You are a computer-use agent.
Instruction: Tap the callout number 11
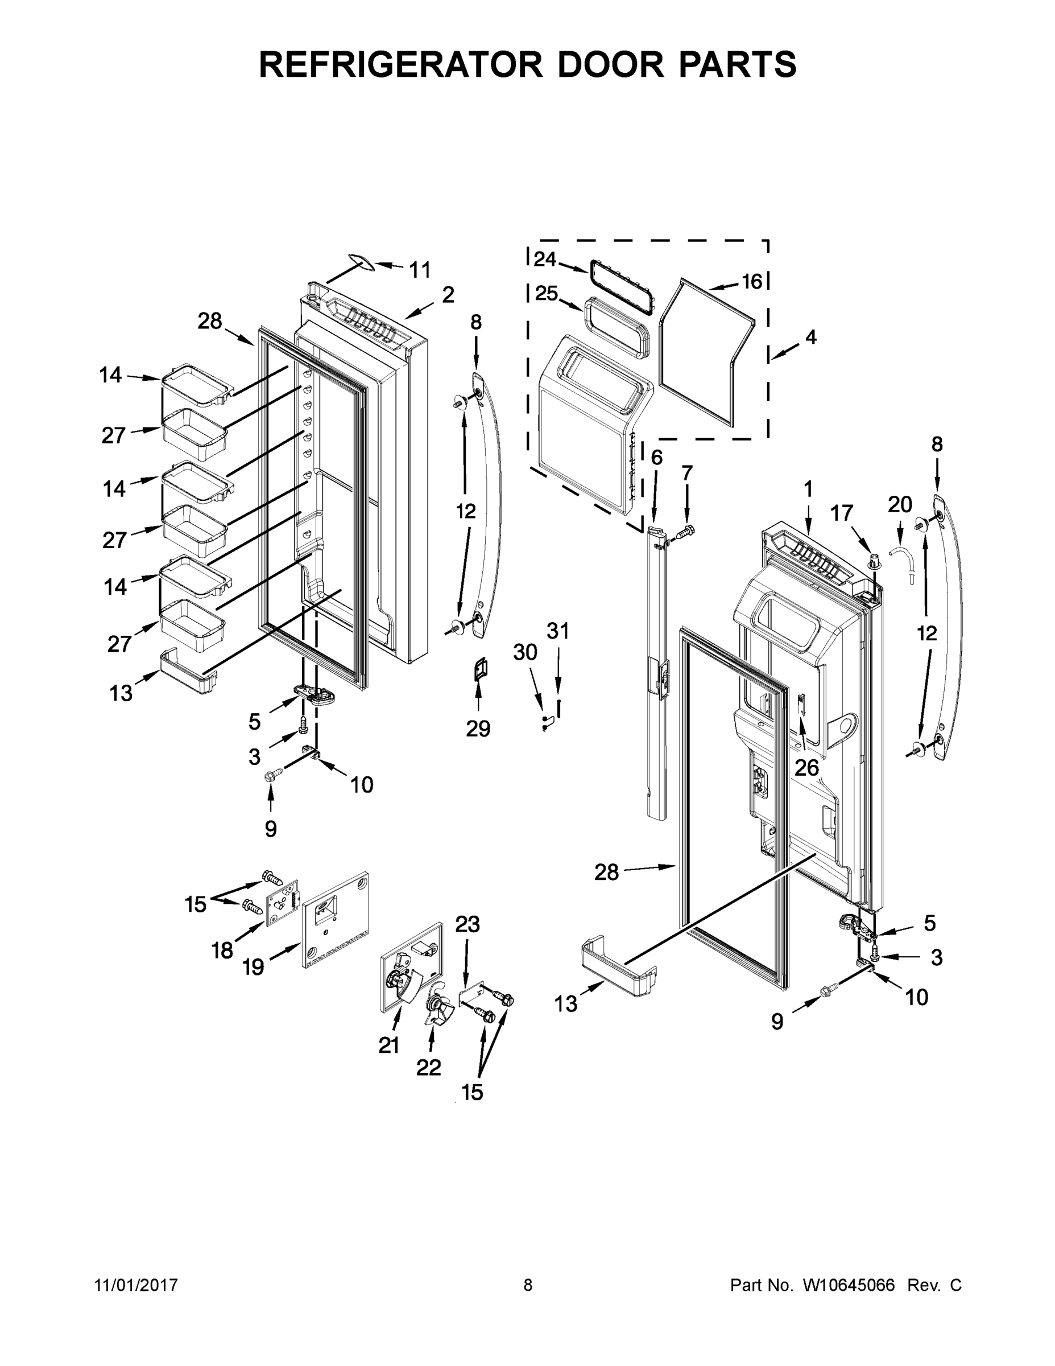(419, 270)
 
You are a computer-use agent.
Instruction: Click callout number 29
(478, 729)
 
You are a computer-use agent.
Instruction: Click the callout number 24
(544, 259)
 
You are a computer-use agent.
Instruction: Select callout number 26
(806, 767)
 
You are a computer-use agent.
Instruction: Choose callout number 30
(525, 652)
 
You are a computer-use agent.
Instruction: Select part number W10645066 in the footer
(849, 1285)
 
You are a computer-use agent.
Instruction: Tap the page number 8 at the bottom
(528, 1285)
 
